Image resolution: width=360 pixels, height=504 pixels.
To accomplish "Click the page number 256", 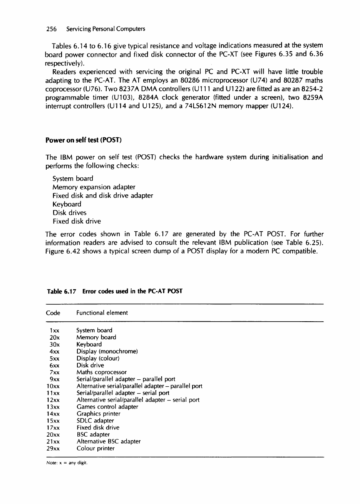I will pos(51,29).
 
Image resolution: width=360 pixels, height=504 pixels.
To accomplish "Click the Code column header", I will pos(53,313).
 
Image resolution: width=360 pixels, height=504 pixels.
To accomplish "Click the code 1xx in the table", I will pos(54,330).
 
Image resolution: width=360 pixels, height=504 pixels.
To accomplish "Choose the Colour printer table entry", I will pos(95,448).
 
